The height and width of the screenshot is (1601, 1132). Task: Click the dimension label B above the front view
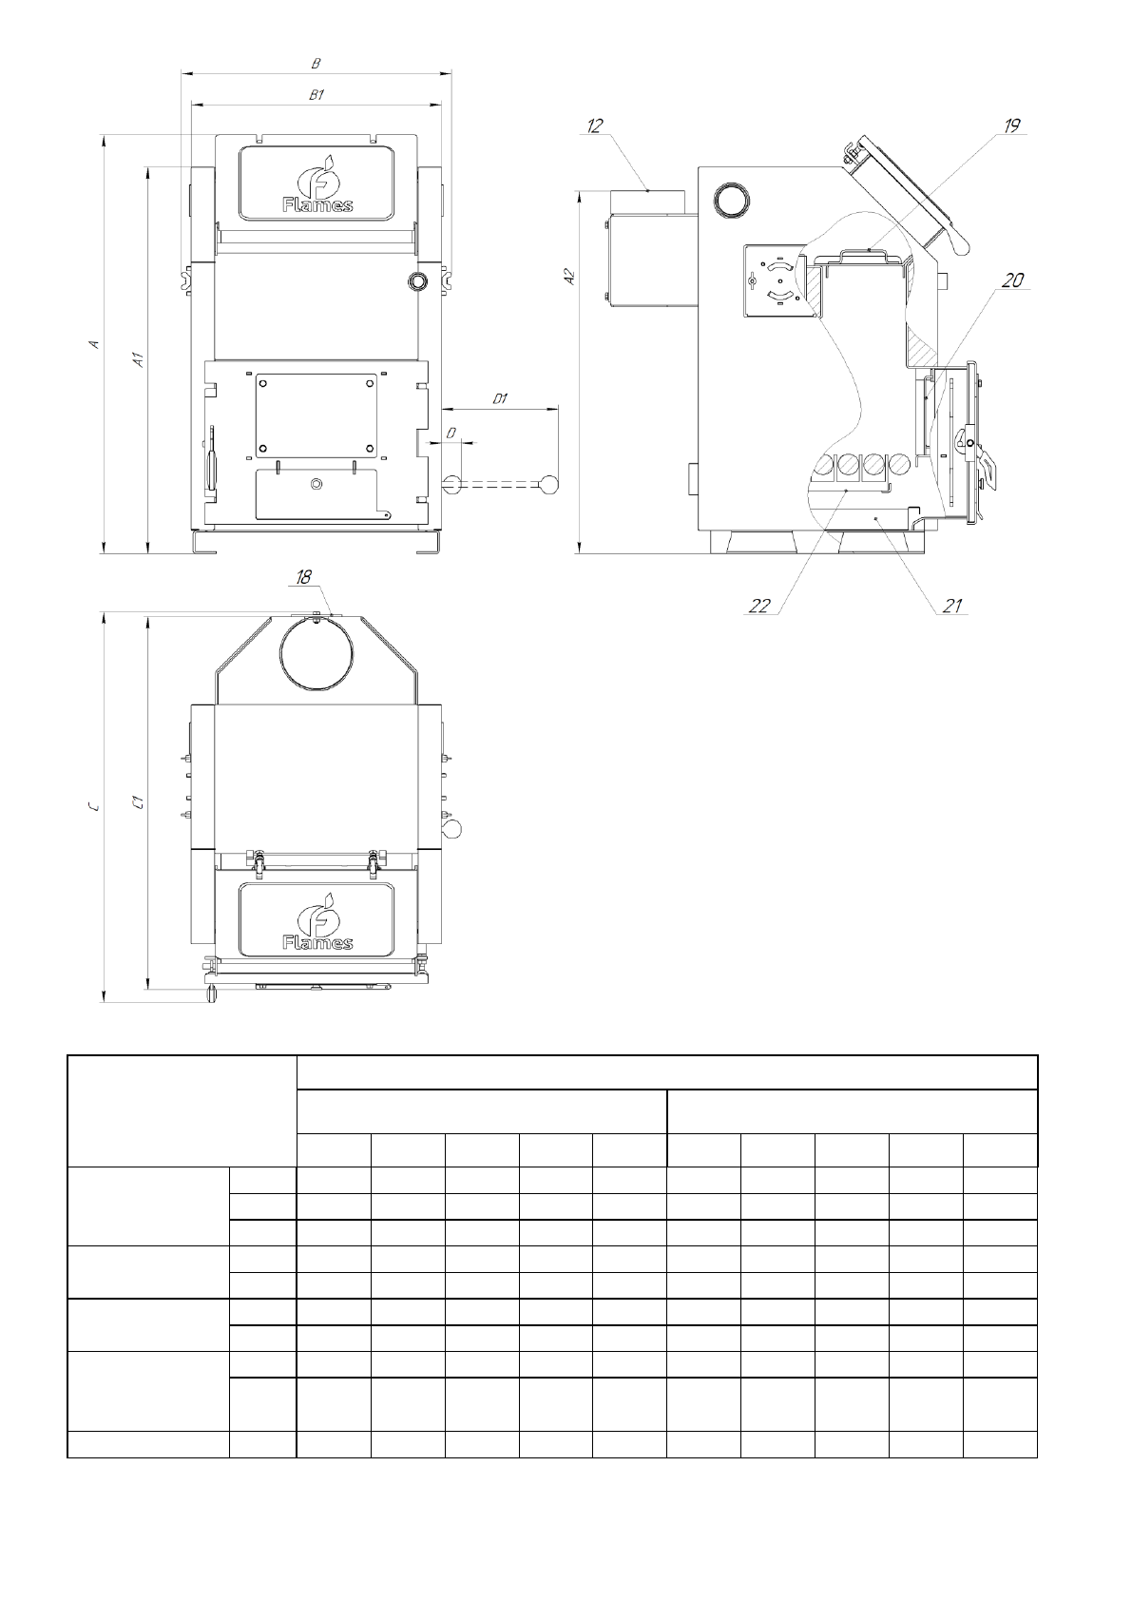pyautogui.click(x=316, y=64)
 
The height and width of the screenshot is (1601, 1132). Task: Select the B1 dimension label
pyautogui.click(x=317, y=94)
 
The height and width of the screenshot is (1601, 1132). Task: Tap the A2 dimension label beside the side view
pyautogui.click(x=569, y=277)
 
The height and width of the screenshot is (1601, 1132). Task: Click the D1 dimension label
pyautogui.click(x=500, y=398)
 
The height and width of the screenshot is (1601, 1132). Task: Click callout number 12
pyautogui.click(x=595, y=126)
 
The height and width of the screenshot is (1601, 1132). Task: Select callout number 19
pyautogui.click(x=1012, y=126)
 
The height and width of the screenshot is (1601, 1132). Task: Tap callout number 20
pyautogui.click(x=1012, y=280)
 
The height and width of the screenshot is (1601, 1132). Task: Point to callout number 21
pyautogui.click(x=952, y=607)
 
